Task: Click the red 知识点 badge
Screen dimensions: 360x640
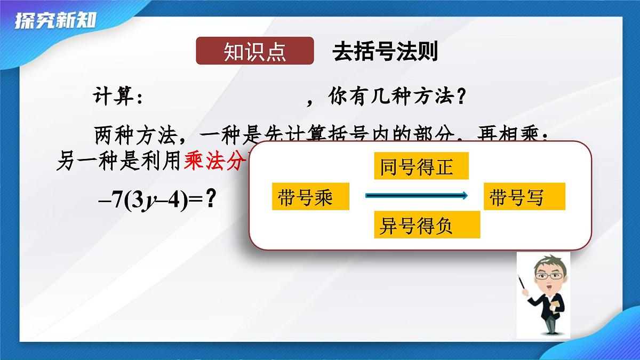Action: pos(254,51)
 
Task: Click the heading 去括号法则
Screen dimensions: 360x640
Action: pos(385,51)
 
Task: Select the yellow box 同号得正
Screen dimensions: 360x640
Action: pos(421,166)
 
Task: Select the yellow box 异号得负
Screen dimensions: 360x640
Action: pos(427,226)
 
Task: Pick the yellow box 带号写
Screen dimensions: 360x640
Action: pos(524,197)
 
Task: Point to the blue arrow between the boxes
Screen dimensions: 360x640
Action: pos(416,196)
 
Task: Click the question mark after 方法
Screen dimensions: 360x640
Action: pos(462,98)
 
